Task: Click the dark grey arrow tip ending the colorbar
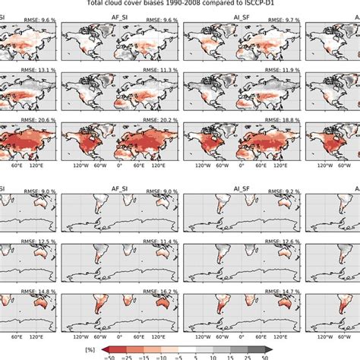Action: pos(265,346)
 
